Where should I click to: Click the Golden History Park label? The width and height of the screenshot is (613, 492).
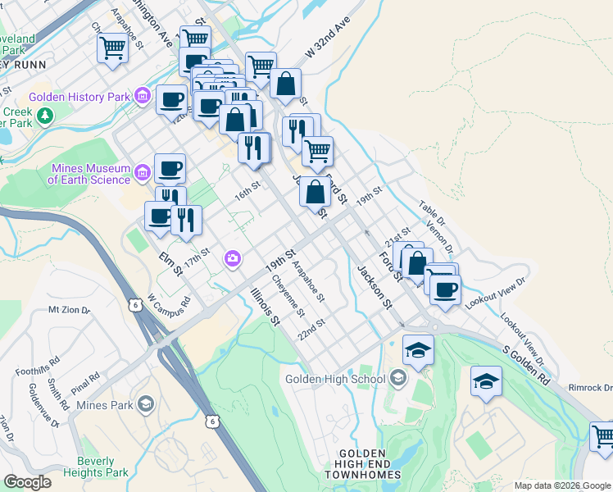click(79, 97)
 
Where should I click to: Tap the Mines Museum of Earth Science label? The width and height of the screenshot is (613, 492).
click(90, 174)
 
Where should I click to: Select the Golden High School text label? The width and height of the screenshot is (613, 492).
click(334, 379)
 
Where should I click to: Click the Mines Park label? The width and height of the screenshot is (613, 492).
click(102, 405)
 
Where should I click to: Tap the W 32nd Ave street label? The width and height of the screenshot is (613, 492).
click(334, 37)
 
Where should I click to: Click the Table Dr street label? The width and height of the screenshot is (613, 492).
click(431, 216)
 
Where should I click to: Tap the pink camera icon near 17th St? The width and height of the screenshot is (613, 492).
click(234, 259)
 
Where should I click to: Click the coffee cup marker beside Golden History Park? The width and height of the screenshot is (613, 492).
click(171, 101)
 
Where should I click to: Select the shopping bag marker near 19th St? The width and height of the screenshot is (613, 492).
click(316, 193)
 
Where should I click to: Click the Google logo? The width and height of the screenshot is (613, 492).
click(28, 482)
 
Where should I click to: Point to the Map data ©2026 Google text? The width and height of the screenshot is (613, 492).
click(561, 485)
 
